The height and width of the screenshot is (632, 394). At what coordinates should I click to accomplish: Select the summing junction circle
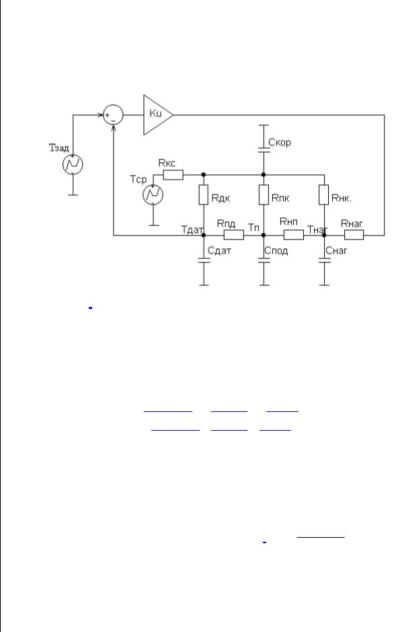[113, 115]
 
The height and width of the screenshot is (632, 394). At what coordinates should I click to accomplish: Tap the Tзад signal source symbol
[73, 164]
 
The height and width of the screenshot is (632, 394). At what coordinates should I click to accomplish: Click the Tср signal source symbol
[153, 195]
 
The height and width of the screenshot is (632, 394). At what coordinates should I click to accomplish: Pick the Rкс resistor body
[173, 175]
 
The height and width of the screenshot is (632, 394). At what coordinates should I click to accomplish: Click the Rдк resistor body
[204, 195]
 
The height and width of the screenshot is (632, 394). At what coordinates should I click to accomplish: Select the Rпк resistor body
[264, 195]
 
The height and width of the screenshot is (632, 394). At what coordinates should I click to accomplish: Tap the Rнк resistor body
[324, 195]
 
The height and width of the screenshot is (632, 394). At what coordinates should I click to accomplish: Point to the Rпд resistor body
[233, 235]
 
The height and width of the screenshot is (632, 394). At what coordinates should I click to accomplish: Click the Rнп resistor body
[294, 235]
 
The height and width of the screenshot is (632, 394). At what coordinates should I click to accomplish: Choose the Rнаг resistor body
[354, 235]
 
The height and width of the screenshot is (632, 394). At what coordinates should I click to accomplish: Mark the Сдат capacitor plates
[204, 260]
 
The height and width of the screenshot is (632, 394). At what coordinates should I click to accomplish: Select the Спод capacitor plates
[264, 260]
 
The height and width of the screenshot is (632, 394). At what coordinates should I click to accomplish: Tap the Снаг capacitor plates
[324, 260]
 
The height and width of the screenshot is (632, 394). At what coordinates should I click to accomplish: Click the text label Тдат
[192, 230]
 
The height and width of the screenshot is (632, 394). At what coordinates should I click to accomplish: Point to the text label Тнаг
[317, 230]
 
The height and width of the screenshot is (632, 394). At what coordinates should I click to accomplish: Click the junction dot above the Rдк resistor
[204, 175]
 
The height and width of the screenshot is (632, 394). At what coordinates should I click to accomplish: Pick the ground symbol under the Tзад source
[73, 195]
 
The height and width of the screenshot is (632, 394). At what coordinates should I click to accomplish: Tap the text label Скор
[279, 142]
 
